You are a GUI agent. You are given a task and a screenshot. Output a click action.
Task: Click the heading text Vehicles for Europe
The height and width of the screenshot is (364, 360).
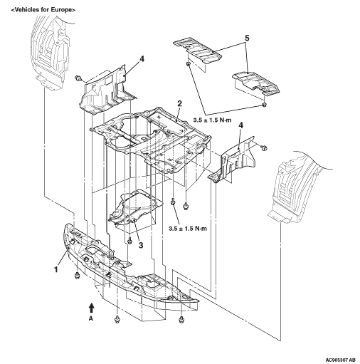[x=43, y=10]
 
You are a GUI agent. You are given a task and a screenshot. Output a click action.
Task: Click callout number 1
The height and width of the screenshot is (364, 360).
[x=56, y=270]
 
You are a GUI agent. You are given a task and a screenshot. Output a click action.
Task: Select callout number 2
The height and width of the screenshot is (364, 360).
[x=179, y=103]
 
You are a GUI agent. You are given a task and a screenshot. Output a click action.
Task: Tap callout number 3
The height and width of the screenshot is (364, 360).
[x=141, y=245]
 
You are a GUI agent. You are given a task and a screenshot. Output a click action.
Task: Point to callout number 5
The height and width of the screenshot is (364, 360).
[x=247, y=38]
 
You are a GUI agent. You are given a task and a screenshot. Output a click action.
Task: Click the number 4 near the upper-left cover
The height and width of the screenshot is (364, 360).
[x=142, y=59]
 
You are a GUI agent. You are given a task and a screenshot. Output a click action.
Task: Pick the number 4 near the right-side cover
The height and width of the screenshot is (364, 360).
[x=240, y=125]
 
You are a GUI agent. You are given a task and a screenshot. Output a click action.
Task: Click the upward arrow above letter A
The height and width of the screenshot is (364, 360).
[x=92, y=308]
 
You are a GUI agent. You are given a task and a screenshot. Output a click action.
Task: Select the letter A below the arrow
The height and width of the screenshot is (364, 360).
[x=91, y=319]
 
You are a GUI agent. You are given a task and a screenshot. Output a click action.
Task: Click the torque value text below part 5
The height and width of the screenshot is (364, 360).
[x=212, y=120]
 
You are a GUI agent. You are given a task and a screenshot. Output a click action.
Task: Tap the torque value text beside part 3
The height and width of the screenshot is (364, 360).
[x=188, y=229]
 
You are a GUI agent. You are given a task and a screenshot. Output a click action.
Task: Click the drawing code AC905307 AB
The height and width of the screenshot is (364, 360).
[x=341, y=359]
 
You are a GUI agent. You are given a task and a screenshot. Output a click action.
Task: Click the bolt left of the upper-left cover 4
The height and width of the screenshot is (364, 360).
[x=78, y=78]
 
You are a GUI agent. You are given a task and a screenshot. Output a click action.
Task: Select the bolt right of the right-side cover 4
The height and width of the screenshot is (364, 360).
[x=264, y=148]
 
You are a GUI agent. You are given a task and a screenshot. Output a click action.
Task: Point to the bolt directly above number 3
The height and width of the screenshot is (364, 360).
[x=129, y=241]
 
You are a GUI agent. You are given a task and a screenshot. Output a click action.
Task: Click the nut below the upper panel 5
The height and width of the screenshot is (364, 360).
[x=188, y=64]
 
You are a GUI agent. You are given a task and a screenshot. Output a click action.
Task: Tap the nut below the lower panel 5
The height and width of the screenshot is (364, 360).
[x=264, y=105]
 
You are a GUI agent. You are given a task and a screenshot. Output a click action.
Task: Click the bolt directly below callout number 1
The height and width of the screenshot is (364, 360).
[x=77, y=276]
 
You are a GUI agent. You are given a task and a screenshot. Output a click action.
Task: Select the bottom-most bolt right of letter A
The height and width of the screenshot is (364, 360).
[x=181, y=319]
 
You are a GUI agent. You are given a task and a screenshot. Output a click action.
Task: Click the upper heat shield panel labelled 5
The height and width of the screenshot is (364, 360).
[x=198, y=51]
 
